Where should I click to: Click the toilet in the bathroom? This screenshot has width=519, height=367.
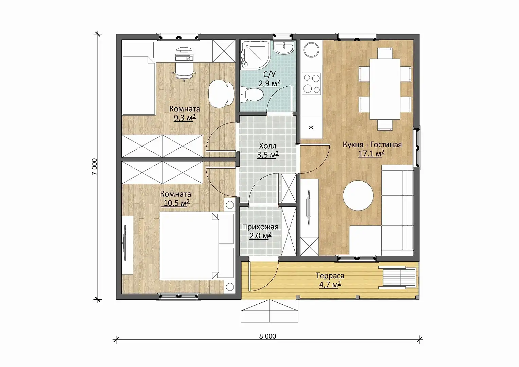pos(252,95)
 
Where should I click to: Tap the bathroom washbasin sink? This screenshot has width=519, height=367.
pos(283,48)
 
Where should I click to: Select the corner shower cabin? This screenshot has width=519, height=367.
pos(255,55)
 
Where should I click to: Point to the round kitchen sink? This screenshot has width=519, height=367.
pos(311,50)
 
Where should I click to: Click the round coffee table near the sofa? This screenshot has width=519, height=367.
pos(358,196)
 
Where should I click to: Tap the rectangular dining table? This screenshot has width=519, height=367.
pos(385,89)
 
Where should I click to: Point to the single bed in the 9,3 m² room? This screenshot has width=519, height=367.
pos(139,85)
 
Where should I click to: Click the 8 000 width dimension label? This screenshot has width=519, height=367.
pos(267,336)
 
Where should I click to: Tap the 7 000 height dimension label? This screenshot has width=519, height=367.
pos(94,167)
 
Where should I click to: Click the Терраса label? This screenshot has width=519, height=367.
pos(330,276)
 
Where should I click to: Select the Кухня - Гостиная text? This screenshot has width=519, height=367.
pos(372,145)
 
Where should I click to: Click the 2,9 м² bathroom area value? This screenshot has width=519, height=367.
pos(269,83)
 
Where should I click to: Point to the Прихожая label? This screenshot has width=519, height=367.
pos(260,227)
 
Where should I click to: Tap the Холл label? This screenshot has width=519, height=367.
pos(267,146)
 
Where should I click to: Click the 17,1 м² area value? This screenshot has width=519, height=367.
pos(371,153)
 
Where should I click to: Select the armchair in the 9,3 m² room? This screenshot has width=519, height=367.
pos(220,94)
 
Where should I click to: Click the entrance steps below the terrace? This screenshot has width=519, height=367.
pos(270,311)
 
